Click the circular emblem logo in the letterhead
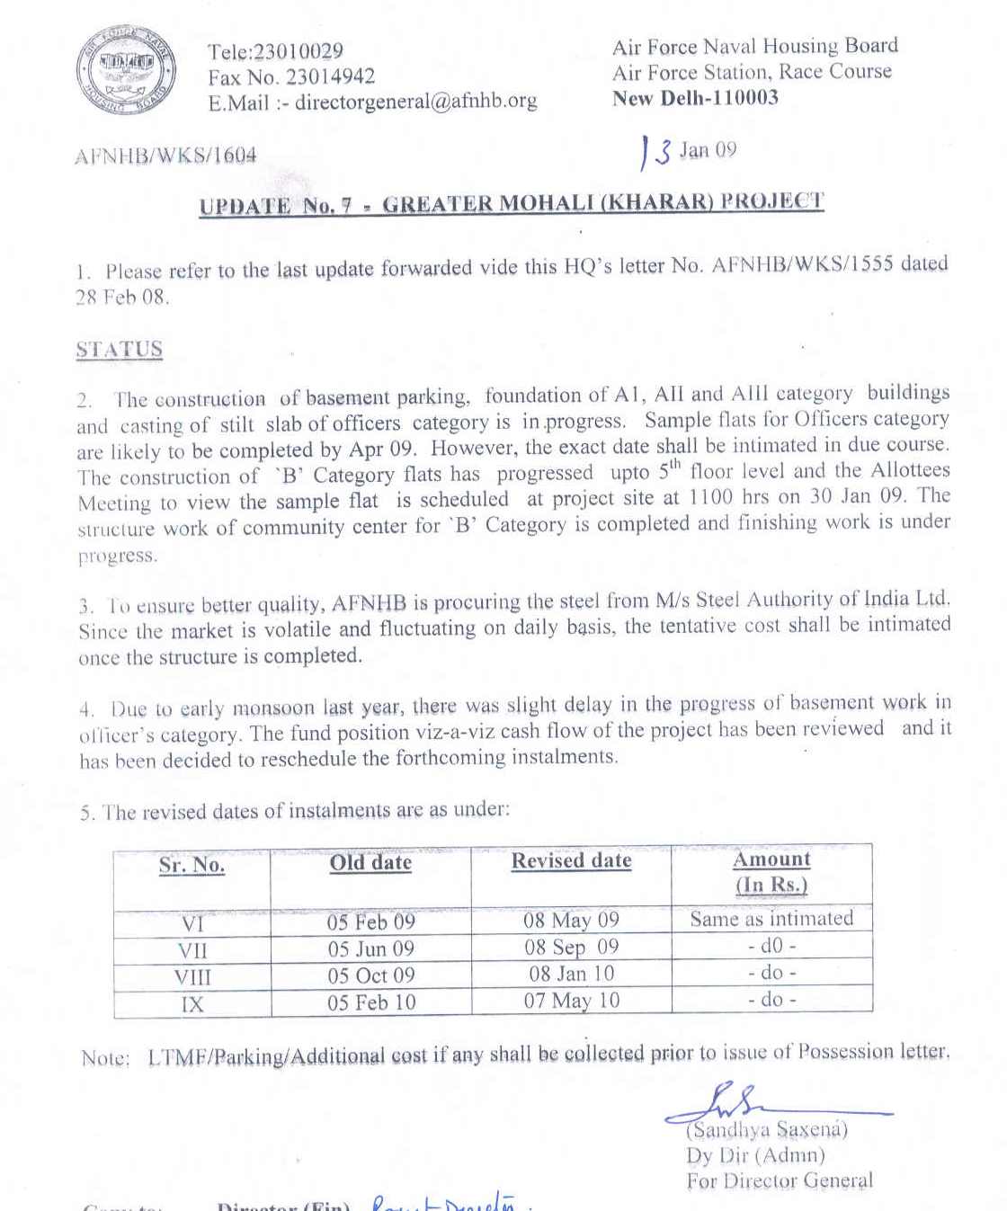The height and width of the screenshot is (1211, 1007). (125, 72)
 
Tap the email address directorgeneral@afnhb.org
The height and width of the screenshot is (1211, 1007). (415, 102)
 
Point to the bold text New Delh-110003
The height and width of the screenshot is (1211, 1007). (695, 98)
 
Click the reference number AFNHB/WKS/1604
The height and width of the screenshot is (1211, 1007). (165, 156)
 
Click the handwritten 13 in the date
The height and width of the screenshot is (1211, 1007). (655, 152)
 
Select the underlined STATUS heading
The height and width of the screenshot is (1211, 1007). (120, 350)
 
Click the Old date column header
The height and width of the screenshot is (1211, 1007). (370, 863)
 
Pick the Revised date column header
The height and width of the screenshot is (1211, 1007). (571, 861)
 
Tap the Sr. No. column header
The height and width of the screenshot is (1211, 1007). (192, 865)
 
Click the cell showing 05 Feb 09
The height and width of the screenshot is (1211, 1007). (370, 922)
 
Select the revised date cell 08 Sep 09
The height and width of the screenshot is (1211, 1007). (571, 948)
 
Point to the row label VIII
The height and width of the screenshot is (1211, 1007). (192, 976)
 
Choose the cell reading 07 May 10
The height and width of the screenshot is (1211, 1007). (571, 1001)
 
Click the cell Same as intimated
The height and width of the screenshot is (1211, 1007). (771, 919)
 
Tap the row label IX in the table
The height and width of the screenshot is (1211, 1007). (192, 1003)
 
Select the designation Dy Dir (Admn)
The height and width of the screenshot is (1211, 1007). (754, 1156)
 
